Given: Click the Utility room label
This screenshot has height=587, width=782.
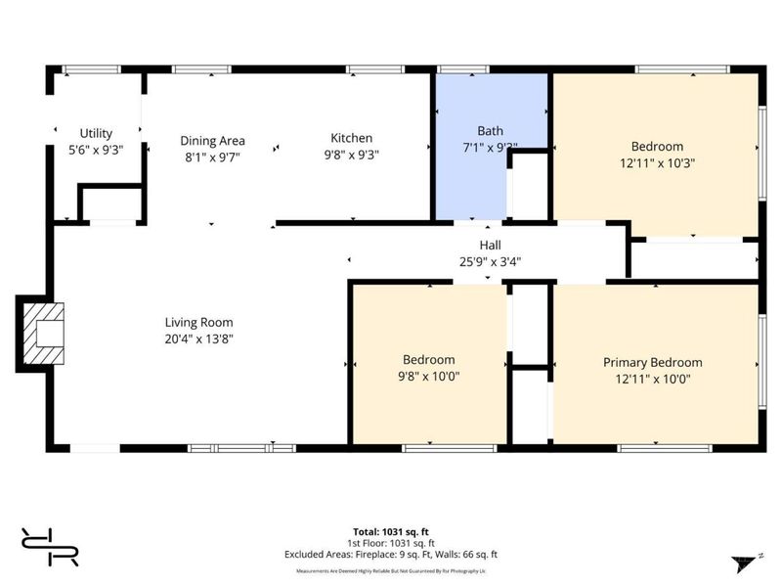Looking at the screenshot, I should click(x=96, y=133).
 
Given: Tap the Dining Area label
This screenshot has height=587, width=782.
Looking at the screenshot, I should click(x=212, y=140).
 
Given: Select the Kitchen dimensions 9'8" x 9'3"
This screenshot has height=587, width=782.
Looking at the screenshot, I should click(x=351, y=154).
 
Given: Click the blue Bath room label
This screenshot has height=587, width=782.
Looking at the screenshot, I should click(x=490, y=131).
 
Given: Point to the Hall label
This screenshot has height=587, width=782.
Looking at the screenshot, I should click(x=490, y=245).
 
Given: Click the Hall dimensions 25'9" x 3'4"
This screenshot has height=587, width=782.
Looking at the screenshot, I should click(x=490, y=260).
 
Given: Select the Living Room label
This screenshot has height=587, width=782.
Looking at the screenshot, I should click(x=198, y=322).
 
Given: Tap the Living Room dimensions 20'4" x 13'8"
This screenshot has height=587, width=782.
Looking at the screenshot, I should click(x=198, y=339).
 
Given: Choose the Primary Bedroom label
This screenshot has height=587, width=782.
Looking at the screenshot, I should click(x=652, y=362).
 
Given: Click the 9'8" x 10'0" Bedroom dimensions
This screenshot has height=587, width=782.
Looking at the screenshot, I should click(x=428, y=376).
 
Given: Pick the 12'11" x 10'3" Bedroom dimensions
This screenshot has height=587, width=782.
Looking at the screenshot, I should click(x=656, y=163).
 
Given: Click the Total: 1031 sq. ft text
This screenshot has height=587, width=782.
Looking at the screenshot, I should click(x=391, y=531).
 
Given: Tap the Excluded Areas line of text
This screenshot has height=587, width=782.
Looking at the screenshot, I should click(x=391, y=554).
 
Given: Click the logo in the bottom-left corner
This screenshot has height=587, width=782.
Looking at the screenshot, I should click(x=50, y=545).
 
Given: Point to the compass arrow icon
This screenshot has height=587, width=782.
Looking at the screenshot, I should click(x=747, y=563).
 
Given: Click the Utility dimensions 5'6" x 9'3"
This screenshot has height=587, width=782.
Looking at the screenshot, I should click(x=96, y=150).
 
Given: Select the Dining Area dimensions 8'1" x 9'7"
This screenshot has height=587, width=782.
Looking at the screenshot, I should click(x=212, y=156).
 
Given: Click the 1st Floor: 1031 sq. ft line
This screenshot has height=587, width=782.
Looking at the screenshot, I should click(x=391, y=543).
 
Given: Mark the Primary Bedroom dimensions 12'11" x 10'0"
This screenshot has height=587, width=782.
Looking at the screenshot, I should click(x=652, y=379).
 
